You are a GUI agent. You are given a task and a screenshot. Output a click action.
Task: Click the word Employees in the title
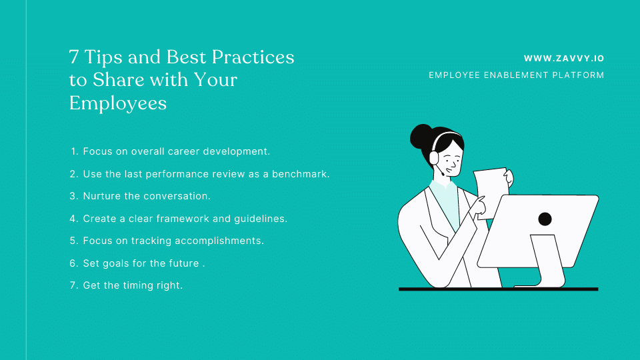point(118,103)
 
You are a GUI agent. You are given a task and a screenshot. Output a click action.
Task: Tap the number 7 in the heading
point(74,57)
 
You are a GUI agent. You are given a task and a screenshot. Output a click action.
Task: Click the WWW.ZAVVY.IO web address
point(563,59)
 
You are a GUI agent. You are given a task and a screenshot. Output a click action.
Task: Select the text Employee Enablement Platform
point(516,75)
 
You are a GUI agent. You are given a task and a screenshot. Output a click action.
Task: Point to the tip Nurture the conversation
point(146,196)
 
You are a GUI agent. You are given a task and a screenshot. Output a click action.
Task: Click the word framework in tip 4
point(191,219)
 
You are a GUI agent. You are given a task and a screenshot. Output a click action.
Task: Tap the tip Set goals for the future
point(141,263)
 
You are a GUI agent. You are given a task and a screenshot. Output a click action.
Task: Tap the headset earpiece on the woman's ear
point(434,157)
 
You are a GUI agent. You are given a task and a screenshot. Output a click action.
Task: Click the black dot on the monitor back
point(545,219)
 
